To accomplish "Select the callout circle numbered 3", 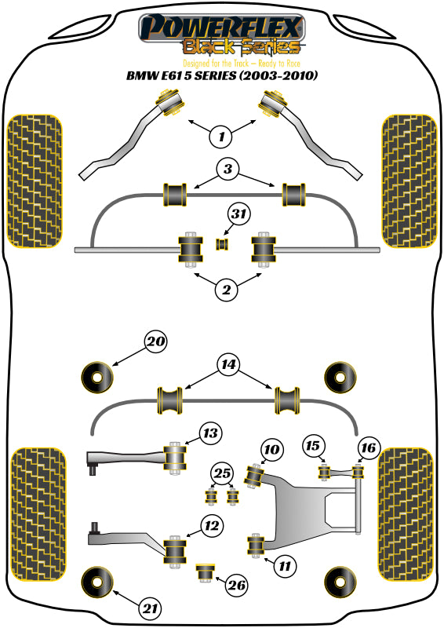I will [x=227, y=170].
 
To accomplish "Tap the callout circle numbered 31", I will [x=240, y=214].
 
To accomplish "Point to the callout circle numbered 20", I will [x=157, y=342].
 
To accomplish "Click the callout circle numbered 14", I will [x=228, y=364].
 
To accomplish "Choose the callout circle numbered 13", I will [x=210, y=433].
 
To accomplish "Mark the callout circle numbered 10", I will [x=271, y=450].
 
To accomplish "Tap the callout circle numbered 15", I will [x=314, y=447].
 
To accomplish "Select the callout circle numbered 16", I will [x=367, y=447].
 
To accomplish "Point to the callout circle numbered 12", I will [x=211, y=526].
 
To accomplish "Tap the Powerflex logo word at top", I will [x=220, y=30].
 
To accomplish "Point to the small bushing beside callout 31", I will [x=223, y=243].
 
